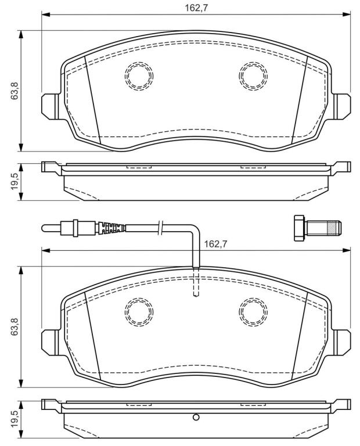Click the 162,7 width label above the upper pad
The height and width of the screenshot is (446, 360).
tap(196, 8)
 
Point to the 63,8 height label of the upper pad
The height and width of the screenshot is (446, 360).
tap(14, 91)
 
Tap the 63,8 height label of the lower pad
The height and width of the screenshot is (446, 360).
tap(14, 326)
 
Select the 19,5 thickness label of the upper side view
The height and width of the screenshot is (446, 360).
tap(14, 181)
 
